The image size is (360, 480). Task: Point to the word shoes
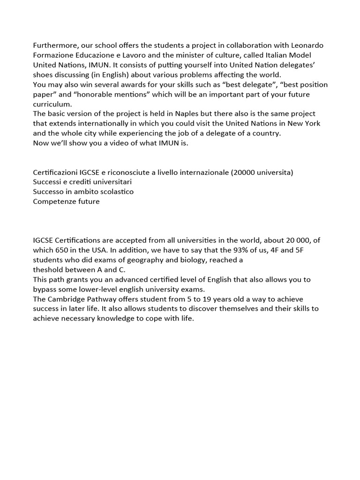(43, 75)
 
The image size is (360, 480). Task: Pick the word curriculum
(52, 104)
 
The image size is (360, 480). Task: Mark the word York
(312, 123)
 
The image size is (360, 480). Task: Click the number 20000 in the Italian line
(243, 172)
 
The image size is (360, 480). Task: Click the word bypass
(45, 289)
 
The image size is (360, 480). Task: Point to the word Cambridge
(66, 299)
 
